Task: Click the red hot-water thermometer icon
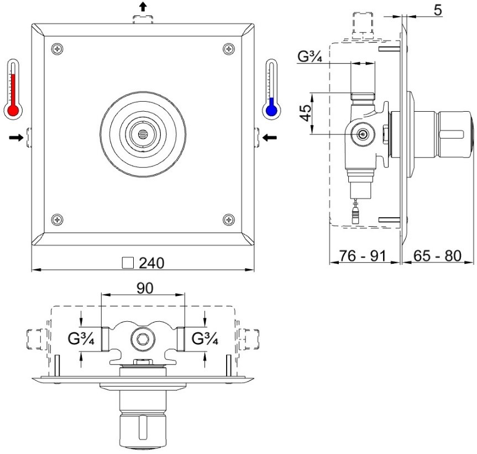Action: coord(13,89)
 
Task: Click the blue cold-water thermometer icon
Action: coord(271,89)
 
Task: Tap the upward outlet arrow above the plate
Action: coord(143,7)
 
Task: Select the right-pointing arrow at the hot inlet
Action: coord(16,138)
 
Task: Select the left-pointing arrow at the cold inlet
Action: coord(270,138)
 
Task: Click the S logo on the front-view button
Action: coord(143,134)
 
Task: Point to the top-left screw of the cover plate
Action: coord(57,49)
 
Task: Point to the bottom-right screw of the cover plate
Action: coord(229,220)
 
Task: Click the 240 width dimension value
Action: coord(151,263)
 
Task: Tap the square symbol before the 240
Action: coord(128,263)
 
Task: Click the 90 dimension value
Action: coord(145,288)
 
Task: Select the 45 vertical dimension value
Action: coord(306,113)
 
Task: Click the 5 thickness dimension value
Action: coord(437,10)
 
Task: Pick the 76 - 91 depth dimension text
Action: coord(363,256)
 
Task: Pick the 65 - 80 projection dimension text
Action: coord(437,256)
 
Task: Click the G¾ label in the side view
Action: coord(310,56)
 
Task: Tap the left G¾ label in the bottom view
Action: coord(81,338)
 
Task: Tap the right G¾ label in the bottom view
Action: coord(205,338)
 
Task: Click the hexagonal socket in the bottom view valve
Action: coord(143,338)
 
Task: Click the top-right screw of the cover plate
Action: coord(229,49)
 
